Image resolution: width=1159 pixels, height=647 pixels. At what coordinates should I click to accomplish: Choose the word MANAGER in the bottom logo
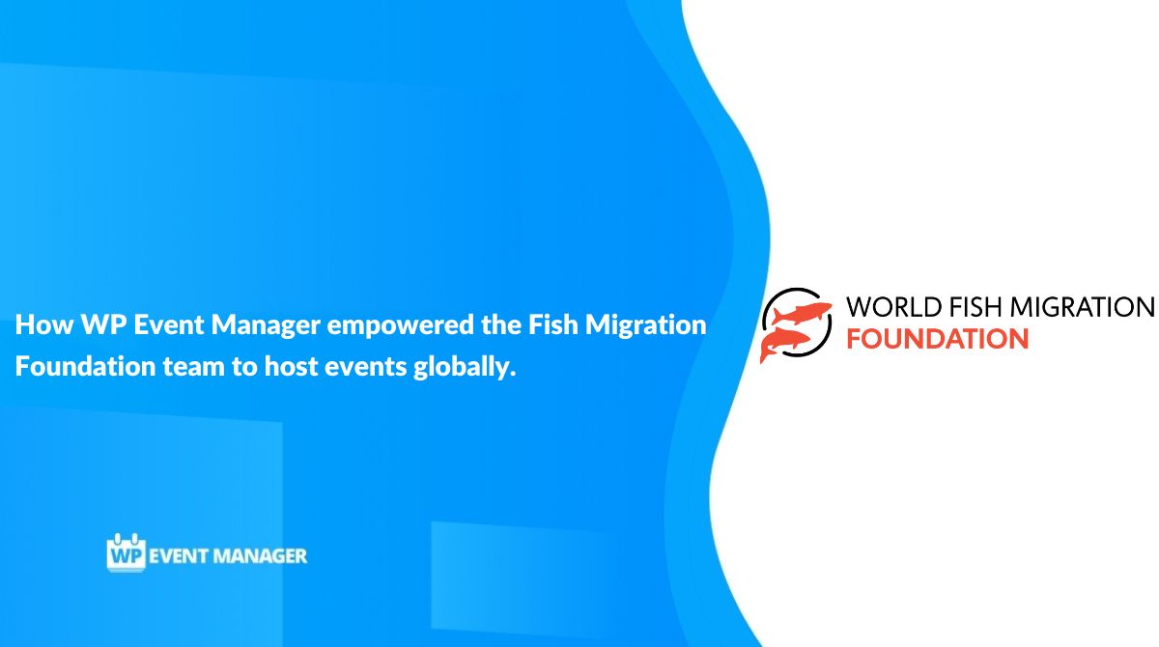tap(264, 556)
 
